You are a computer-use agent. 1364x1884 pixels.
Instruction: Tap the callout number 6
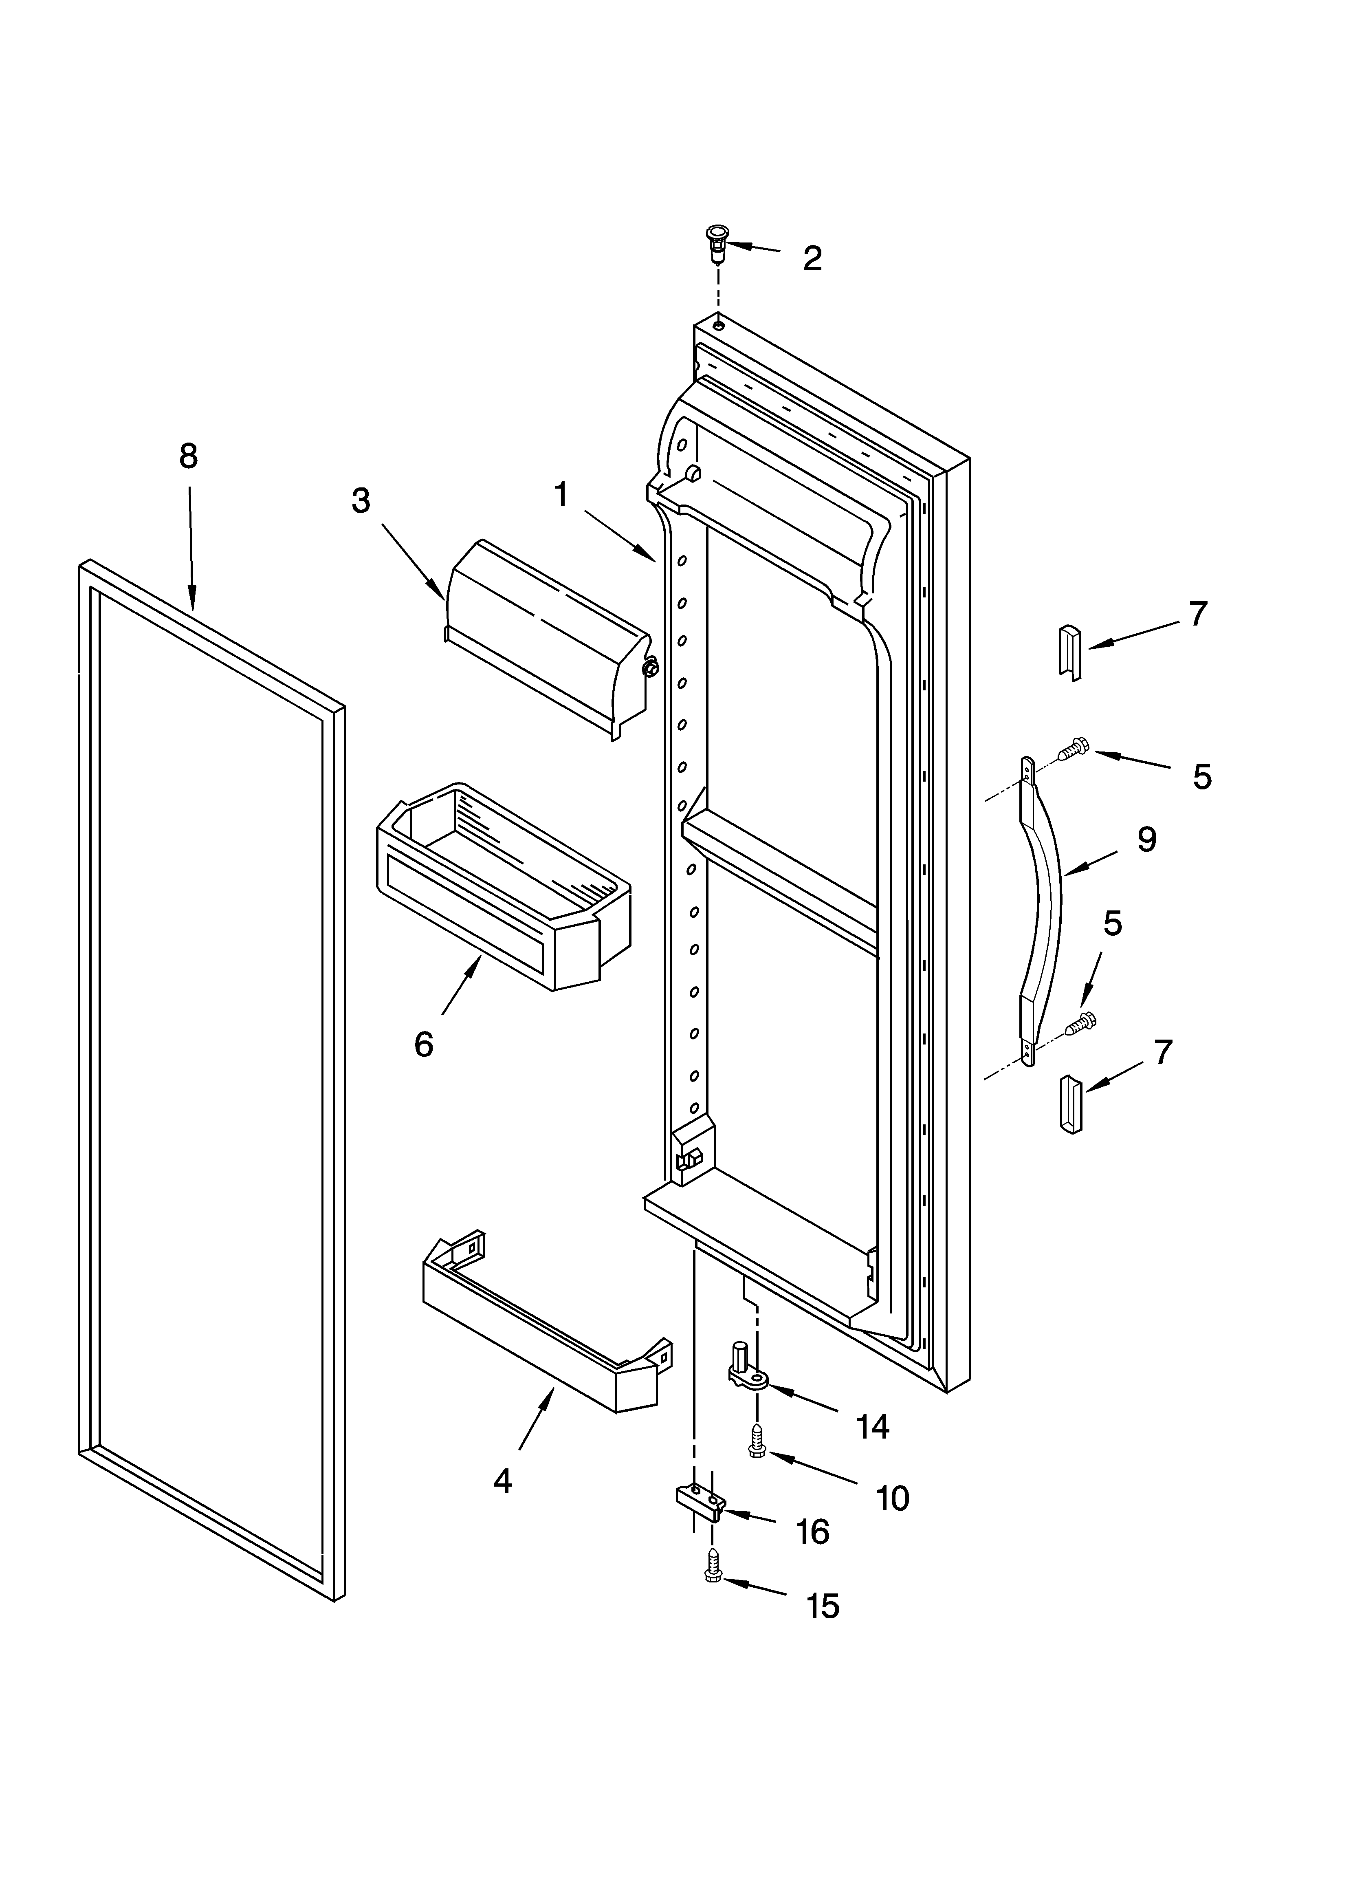(424, 1044)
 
